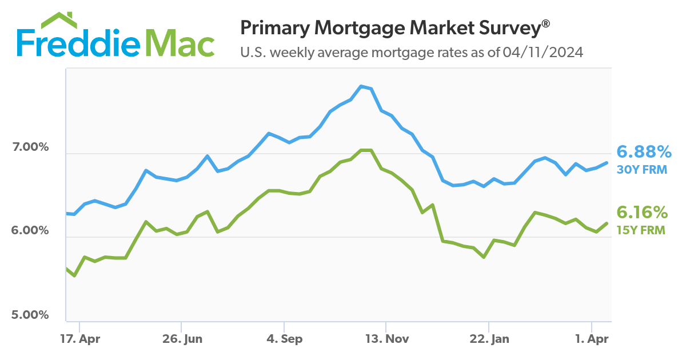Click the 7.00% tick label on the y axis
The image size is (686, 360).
30,147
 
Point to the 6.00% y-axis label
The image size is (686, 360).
30,231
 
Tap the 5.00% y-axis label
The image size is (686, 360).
30,315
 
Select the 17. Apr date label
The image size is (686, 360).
80,339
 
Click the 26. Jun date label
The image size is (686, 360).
182,339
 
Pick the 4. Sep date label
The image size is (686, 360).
284,339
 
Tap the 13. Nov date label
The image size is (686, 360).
387,339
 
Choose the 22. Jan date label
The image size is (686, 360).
489,339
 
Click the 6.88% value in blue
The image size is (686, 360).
643,152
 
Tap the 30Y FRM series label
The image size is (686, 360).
641,169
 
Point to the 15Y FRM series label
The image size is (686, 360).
641,230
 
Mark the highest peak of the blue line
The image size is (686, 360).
361,86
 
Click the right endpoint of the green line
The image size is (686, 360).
607,223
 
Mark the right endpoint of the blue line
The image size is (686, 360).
607,163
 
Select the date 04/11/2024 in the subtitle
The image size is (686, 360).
543,53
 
